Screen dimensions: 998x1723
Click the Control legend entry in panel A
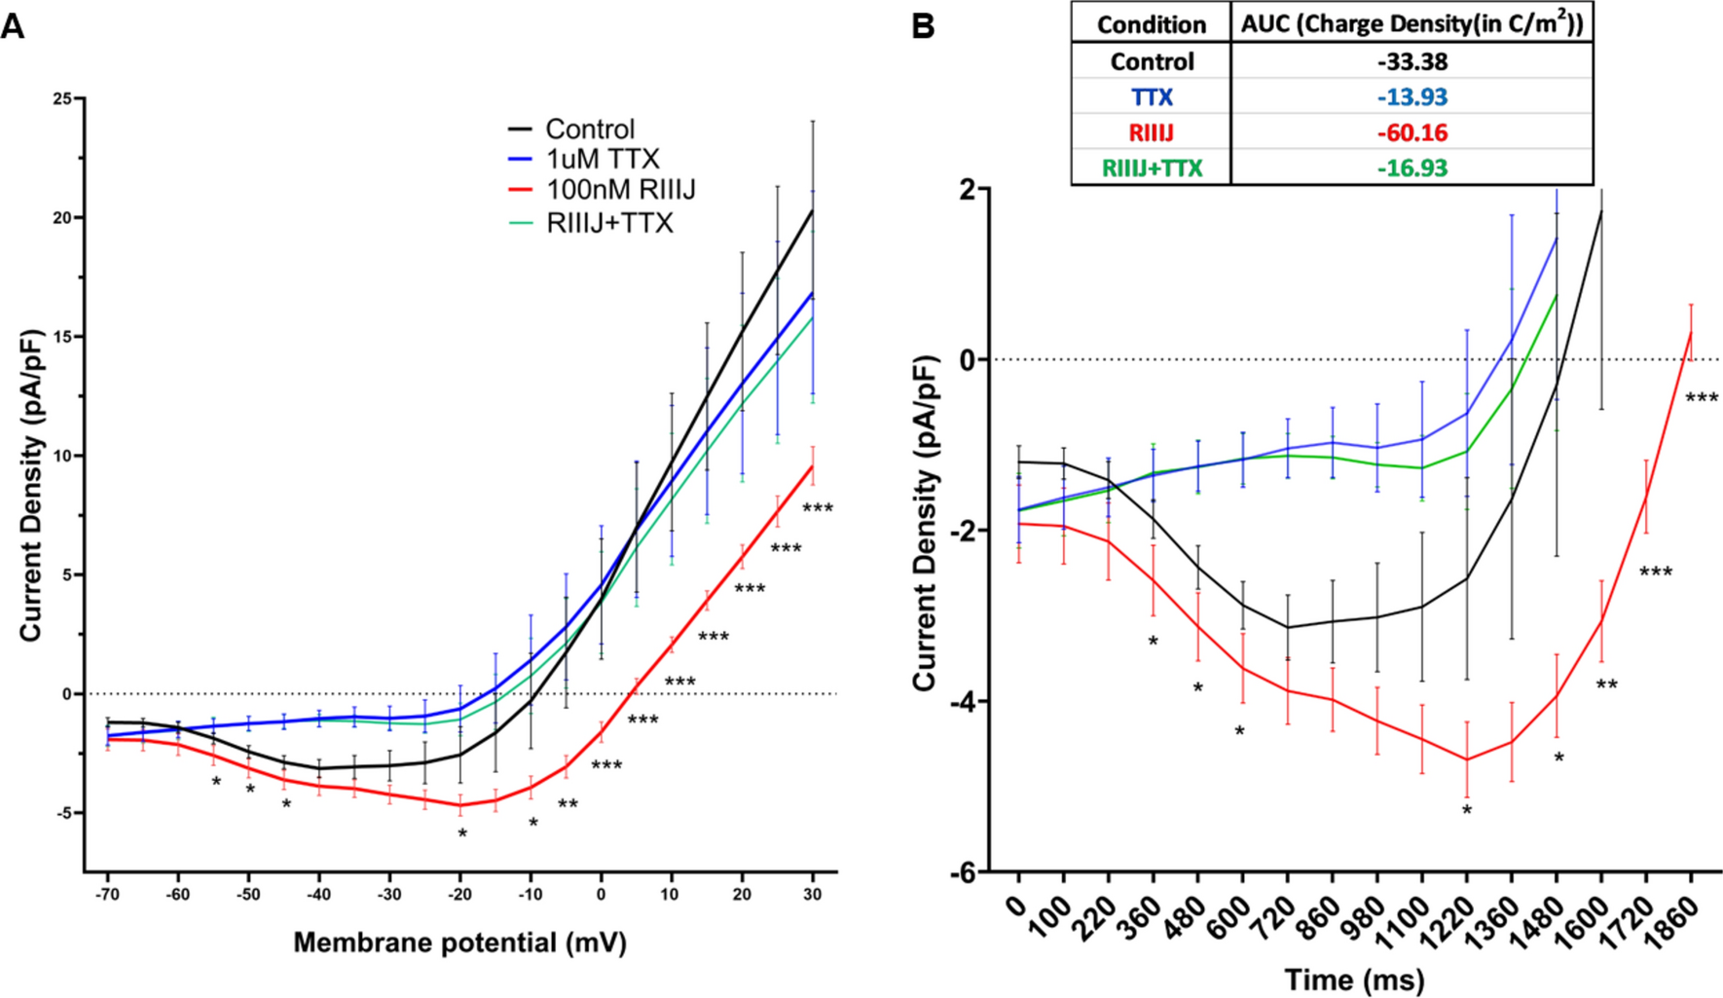(x=589, y=129)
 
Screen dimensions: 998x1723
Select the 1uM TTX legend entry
(x=602, y=159)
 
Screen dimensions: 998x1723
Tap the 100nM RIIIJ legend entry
(x=620, y=190)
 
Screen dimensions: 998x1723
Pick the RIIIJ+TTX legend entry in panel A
(x=609, y=223)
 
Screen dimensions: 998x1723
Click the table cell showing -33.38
(x=1411, y=61)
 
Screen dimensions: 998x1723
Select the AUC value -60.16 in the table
(x=1411, y=132)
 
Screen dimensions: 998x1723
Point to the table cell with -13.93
(x=1411, y=97)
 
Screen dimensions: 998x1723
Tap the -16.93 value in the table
(x=1411, y=168)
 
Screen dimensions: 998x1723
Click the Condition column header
(x=1152, y=24)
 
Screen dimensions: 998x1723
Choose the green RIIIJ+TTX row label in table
(x=1152, y=168)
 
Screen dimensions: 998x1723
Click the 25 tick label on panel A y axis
(x=62, y=99)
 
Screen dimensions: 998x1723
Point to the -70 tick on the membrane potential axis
(x=107, y=895)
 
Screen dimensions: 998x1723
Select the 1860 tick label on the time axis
(x=1681, y=916)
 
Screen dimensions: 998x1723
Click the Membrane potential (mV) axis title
(x=459, y=943)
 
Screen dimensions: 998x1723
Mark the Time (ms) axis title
(x=1354, y=980)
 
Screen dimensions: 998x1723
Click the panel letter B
(x=922, y=26)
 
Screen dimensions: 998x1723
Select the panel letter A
(x=13, y=26)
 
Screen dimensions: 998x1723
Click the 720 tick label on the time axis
(x=1279, y=916)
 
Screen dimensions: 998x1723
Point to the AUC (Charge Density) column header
(x=1411, y=24)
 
